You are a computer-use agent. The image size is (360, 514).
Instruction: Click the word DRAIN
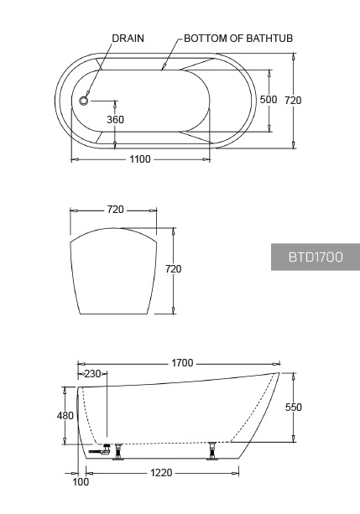point(128,39)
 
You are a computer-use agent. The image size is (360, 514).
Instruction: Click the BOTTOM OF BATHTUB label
point(238,39)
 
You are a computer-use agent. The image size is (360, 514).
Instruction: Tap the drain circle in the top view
point(84,101)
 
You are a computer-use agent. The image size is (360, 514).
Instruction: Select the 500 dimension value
point(269,99)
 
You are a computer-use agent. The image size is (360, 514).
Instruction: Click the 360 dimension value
point(115,120)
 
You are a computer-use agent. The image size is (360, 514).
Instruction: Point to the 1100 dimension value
point(140,159)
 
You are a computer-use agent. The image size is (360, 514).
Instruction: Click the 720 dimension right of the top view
point(293,100)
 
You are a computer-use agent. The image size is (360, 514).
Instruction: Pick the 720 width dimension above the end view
point(115,209)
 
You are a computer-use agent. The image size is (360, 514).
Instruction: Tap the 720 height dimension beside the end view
point(173,269)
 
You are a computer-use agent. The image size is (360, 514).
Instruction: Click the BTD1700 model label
point(316,257)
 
